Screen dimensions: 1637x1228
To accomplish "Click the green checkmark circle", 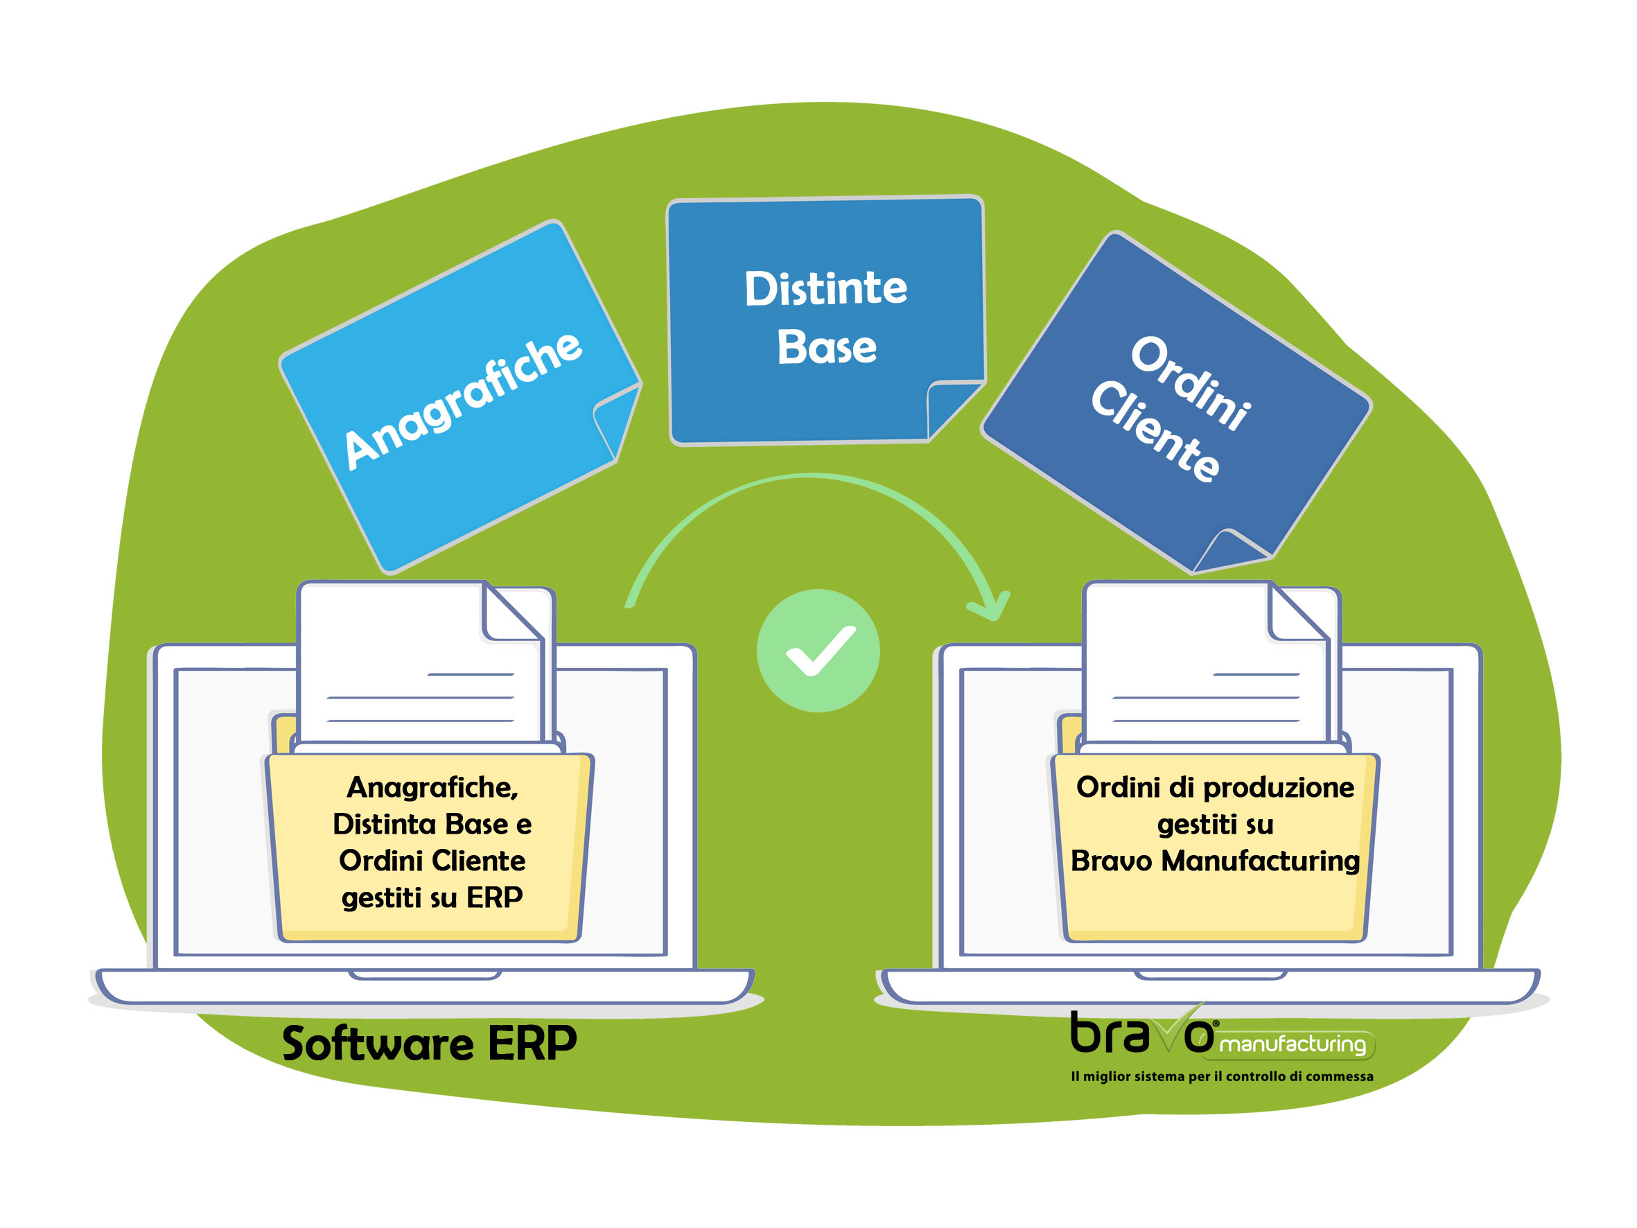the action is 818,651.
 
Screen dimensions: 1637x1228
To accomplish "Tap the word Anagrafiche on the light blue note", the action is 462,401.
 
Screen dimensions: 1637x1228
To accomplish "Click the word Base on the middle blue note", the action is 827,347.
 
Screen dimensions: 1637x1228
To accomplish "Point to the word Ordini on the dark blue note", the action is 1190,383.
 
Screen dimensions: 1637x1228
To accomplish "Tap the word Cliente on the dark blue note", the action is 1155,432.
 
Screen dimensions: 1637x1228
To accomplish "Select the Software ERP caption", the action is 429,1044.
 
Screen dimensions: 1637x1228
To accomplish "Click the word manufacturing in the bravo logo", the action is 1292,1044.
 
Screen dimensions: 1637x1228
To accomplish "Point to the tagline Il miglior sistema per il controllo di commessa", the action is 1222,1076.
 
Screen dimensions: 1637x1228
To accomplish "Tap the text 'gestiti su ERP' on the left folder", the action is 432,898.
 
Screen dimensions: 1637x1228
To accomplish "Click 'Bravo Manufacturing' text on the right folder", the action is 1215,861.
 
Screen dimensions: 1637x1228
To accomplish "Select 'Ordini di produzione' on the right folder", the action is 1215,787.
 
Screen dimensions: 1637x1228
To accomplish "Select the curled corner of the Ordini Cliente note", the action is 1230,551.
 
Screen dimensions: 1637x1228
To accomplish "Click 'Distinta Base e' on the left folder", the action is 432,824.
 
